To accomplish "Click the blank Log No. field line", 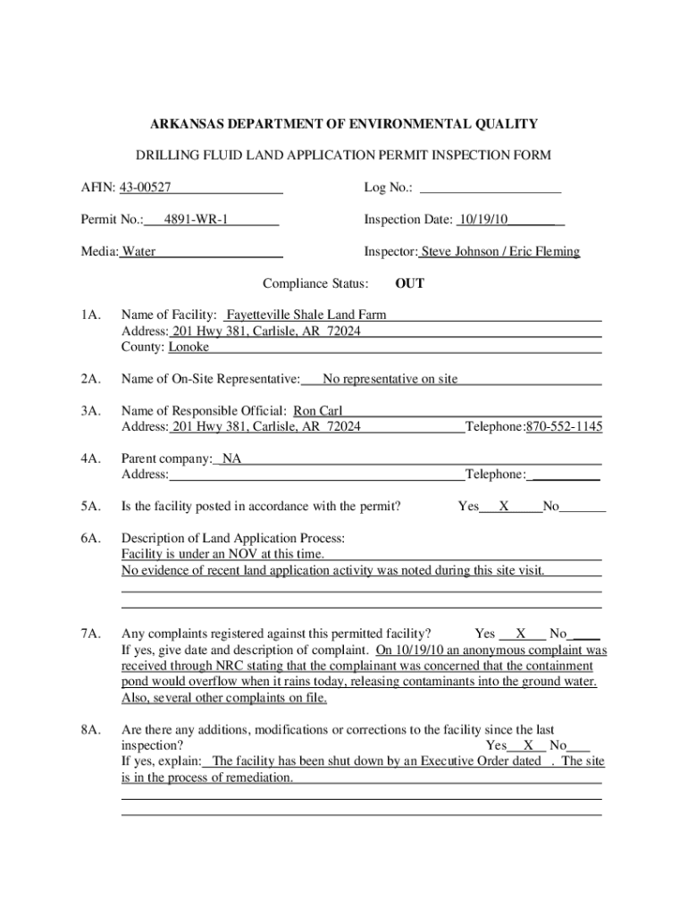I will pyautogui.click(x=490, y=188).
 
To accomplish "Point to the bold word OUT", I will pyautogui.click(x=409, y=283).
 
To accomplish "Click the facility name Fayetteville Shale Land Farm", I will pyautogui.click(x=306, y=315).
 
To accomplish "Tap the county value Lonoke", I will pyautogui.click(x=189, y=347).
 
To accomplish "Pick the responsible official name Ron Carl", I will pyautogui.click(x=318, y=410).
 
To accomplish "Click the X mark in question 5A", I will pyautogui.click(x=504, y=507).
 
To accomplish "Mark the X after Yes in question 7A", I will pyautogui.click(x=520, y=634).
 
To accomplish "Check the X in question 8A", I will pyautogui.click(x=529, y=745).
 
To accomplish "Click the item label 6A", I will pyautogui.click(x=88, y=538).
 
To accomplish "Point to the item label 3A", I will pyautogui.click(x=88, y=410).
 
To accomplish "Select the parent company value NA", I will pyautogui.click(x=231, y=458).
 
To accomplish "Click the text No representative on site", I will pyautogui.click(x=390, y=379).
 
